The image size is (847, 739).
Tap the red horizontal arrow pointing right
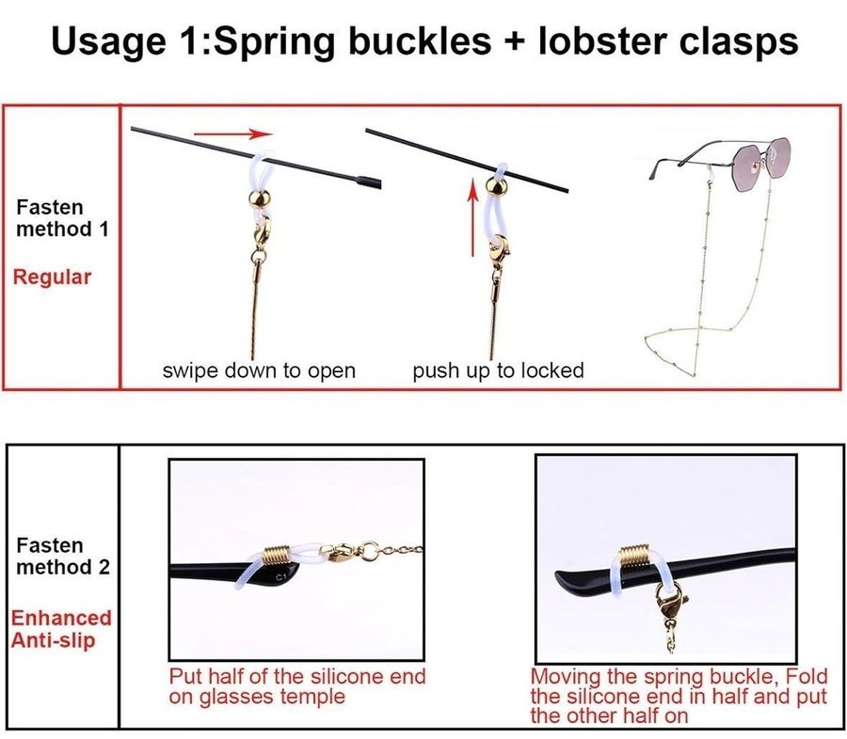click(233, 134)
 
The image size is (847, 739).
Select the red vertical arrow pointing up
click(473, 217)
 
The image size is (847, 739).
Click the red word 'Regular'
click(52, 277)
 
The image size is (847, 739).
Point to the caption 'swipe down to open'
click(259, 370)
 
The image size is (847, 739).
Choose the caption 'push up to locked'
click(498, 370)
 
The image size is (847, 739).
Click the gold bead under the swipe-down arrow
click(261, 198)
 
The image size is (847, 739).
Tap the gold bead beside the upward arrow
click(496, 187)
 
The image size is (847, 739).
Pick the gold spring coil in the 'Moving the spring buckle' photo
click(634, 555)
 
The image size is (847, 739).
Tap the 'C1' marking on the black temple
click(280, 577)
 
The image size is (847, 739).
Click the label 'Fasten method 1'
click(63, 218)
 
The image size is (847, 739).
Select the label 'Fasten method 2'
click(63, 557)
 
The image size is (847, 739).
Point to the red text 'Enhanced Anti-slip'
click(60, 629)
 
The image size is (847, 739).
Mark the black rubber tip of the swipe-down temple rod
click(369, 181)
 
